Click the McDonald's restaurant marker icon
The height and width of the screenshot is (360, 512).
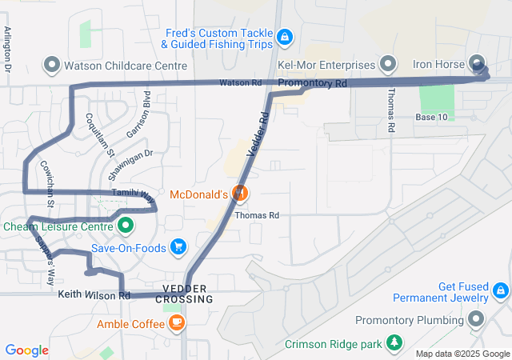click(x=238, y=193)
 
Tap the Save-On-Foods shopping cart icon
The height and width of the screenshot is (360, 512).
click(x=178, y=247)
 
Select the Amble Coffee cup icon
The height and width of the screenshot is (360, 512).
click(x=177, y=323)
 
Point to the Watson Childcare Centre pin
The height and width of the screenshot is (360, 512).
click(x=53, y=64)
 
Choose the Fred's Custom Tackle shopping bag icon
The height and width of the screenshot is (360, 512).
click(x=284, y=37)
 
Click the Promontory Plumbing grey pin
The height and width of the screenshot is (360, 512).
click(x=478, y=321)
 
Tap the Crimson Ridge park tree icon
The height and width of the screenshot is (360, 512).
click(x=394, y=344)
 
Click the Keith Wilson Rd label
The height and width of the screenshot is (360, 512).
click(x=94, y=295)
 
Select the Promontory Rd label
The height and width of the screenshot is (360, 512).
click(x=313, y=83)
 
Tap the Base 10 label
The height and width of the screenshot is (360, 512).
click(x=431, y=118)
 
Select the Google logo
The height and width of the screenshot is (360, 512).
click(x=26, y=350)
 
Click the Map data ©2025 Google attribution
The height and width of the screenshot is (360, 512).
click(x=462, y=354)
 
